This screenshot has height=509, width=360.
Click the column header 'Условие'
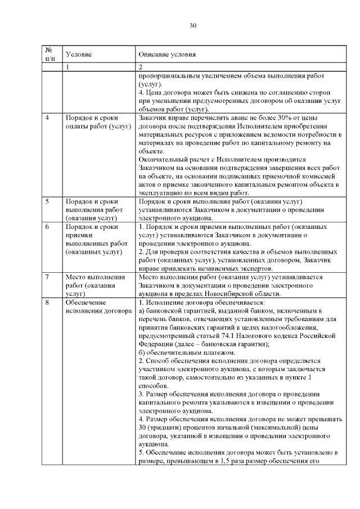tap(78, 55)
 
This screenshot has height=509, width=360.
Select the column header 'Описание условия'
tap(167, 55)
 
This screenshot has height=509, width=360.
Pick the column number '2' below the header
tap(140, 67)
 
